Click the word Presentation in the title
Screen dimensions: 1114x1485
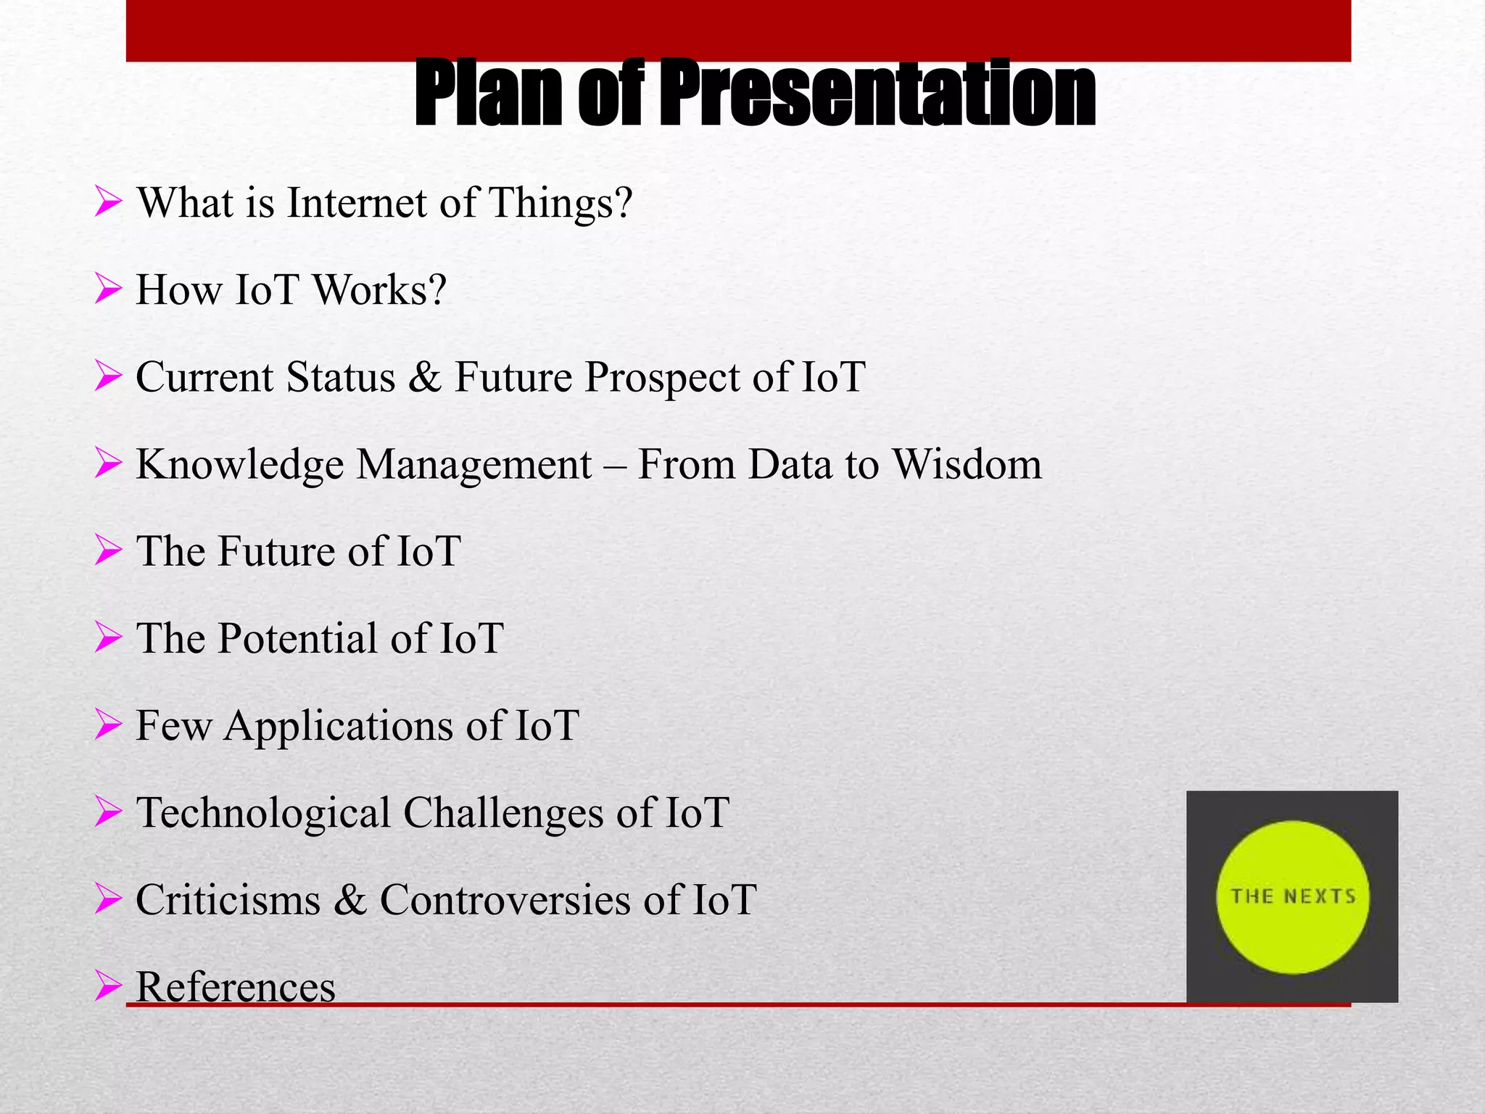coord(877,94)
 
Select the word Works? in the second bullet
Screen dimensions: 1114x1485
coord(379,290)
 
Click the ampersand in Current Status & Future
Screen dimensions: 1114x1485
coord(424,378)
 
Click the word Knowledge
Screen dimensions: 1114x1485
coord(239,465)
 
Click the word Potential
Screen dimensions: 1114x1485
coord(297,639)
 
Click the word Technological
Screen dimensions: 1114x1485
coord(263,813)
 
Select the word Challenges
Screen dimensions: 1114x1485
coord(503,813)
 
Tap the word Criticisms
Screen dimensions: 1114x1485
coord(228,900)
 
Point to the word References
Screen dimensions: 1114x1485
coord(236,987)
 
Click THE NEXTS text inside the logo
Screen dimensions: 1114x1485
coord(1293,896)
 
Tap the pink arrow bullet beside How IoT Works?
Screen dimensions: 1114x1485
coord(108,290)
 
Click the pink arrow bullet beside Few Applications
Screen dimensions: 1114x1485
coord(108,725)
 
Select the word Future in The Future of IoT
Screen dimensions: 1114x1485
coord(276,552)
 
